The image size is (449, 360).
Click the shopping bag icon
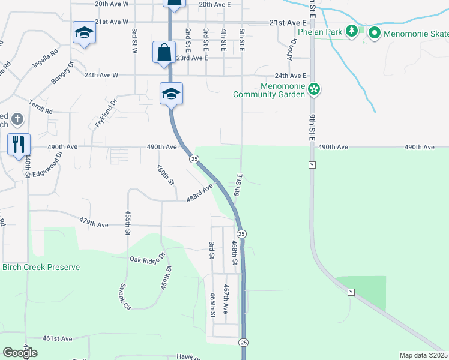164,52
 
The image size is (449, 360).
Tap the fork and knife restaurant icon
19,143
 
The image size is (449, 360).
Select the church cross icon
17,119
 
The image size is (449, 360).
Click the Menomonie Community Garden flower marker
313,90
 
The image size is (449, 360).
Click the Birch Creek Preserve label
41,267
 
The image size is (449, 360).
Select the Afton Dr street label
292,49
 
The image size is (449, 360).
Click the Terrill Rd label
41,107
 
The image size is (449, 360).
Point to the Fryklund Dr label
104,114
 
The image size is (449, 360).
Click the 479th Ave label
94,224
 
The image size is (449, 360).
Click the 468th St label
235,254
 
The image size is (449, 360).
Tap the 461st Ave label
58,338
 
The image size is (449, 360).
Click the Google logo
20,353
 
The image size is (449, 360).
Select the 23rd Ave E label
191,58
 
